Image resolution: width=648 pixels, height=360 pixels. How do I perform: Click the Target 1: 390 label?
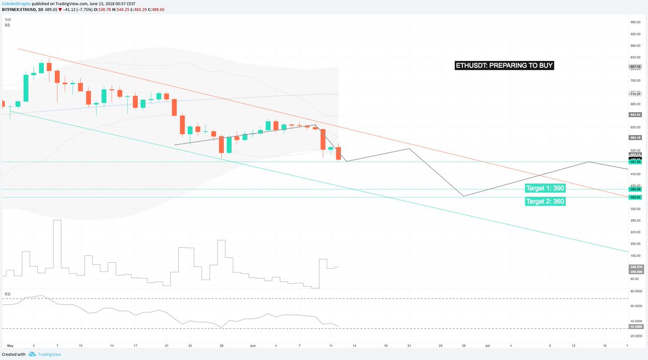click(545, 188)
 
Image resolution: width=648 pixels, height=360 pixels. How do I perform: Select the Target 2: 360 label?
click(545, 201)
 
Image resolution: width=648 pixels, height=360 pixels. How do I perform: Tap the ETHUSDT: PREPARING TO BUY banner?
click(504, 66)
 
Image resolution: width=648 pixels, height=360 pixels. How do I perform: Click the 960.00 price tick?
click(635, 23)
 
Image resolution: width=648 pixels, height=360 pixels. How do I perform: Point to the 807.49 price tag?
click(635, 67)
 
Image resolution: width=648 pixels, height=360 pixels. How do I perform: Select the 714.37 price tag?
click(635, 94)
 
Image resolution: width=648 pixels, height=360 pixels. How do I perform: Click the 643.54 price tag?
click(635, 114)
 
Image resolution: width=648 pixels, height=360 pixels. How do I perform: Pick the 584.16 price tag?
click(635, 138)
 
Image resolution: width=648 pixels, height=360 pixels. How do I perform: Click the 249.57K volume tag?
click(635, 267)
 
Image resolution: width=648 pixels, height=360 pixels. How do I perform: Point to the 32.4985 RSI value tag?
click(635, 327)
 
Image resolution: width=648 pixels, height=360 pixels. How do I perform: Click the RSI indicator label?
click(8, 294)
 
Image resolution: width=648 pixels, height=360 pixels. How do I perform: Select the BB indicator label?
click(8, 25)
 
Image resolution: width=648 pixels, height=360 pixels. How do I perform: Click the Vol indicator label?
click(8, 20)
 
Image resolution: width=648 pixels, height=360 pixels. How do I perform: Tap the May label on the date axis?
click(10, 344)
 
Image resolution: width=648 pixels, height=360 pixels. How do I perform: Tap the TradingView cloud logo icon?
click(32, 355)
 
